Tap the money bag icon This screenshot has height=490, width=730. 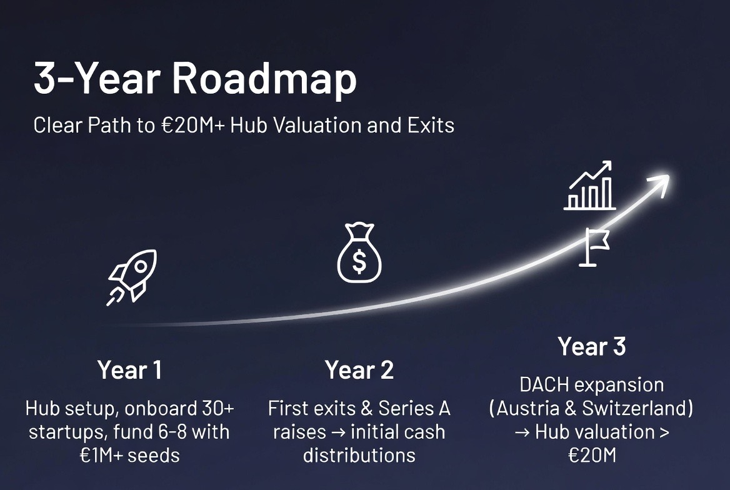[x=359, y=253]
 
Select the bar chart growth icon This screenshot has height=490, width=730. [x=589, y=186]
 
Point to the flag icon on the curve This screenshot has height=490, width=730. [x=594, y=247]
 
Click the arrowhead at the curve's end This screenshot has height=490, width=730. [x=659, y=183]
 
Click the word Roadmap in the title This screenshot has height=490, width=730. [x=264, y=79]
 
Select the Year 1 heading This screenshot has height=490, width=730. [x=129, y=370]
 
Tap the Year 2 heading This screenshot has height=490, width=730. [x=359, y=370]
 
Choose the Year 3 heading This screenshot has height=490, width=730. [x=592, y=346]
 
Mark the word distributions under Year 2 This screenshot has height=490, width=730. [x=359, y=456]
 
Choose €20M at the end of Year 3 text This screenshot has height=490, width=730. [x=592, y=456]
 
